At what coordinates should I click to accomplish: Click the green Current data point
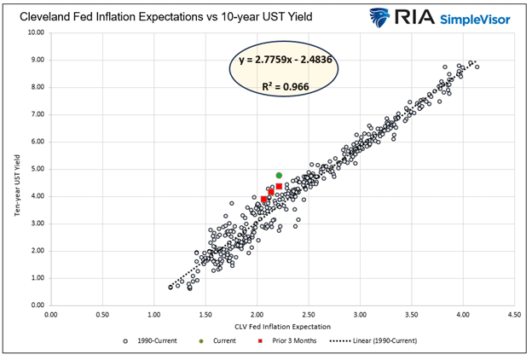click(x=279, y=176)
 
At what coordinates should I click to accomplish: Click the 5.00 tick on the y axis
click(x=36, y=169)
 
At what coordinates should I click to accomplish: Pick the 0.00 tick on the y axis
click(x=36, y=305)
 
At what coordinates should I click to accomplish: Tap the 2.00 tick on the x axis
click(x=257, y=315)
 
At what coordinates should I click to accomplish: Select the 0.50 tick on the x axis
click(x=102, y=315)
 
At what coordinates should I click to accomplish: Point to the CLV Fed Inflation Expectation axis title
click(x=282, y=328)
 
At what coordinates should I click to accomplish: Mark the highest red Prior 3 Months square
click(x=279, y=186)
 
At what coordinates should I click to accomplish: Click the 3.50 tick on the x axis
click(x=412, y=315)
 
